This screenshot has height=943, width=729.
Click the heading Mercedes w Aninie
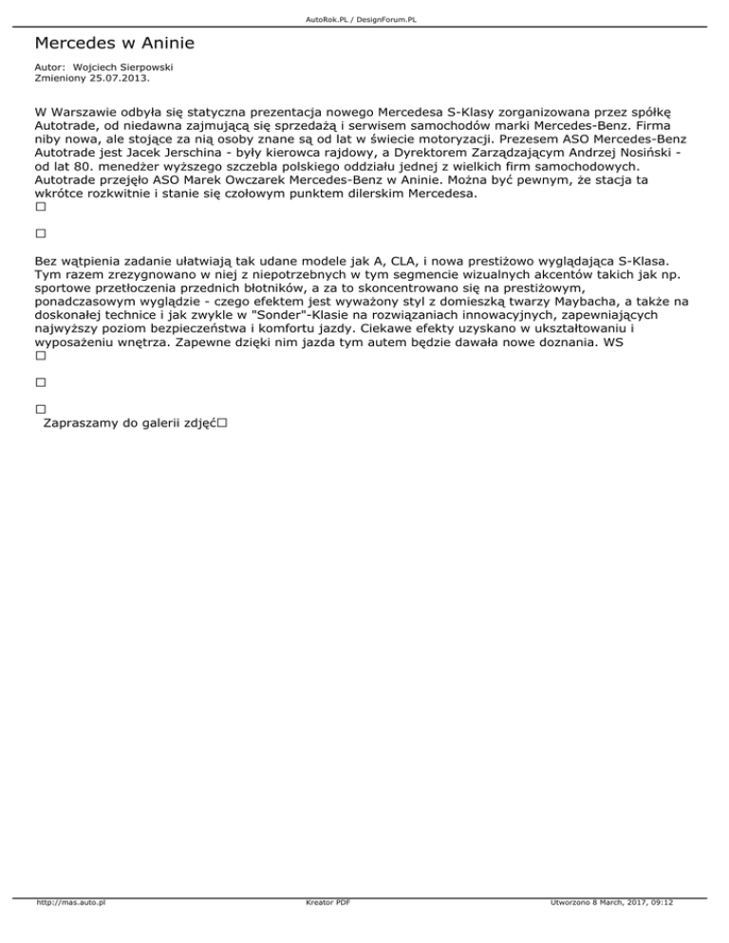tap(114, 44)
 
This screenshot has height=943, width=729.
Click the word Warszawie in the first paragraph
tap(84, 109)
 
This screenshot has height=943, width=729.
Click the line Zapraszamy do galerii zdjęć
tap(129, 424)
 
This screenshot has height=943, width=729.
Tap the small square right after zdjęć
tap(221, 424)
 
